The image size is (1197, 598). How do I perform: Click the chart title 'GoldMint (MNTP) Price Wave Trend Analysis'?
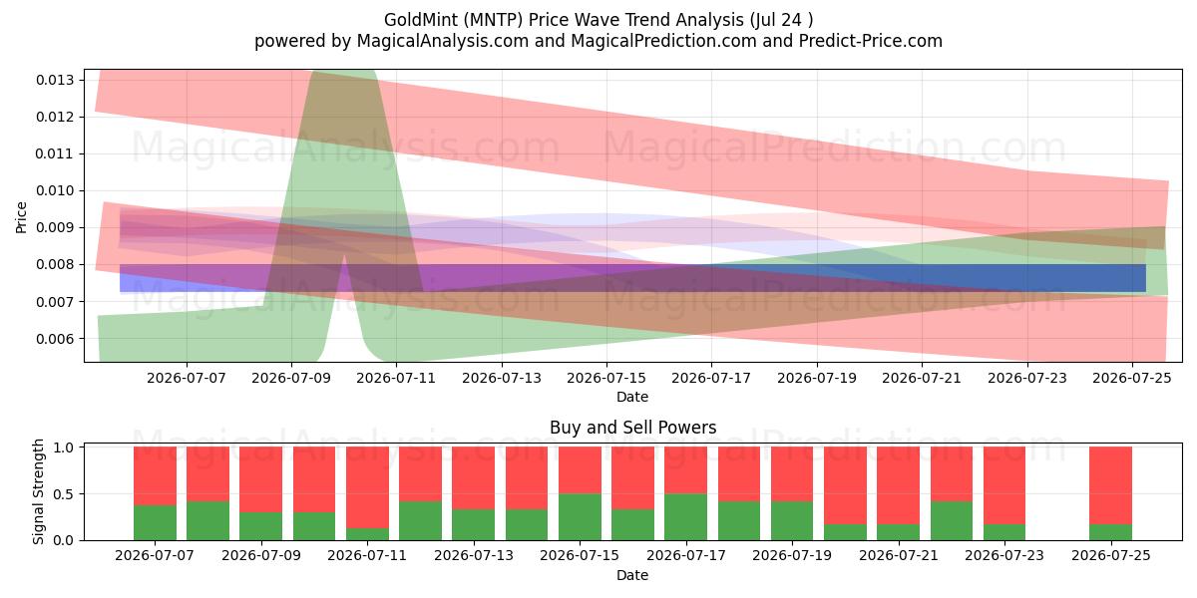pos(564,20)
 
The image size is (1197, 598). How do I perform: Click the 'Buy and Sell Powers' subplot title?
pos(632,428)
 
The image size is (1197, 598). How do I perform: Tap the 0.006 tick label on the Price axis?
pos(55,339)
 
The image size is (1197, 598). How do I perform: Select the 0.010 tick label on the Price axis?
pos(55,191)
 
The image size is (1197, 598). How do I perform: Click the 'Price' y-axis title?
pos(21,217)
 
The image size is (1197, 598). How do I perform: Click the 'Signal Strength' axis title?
pos(38,491)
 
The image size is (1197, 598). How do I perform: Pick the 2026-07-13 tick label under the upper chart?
pos(501,378)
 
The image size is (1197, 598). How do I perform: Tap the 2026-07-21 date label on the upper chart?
pos(922,378)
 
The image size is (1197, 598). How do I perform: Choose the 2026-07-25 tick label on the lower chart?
pos(1111,555)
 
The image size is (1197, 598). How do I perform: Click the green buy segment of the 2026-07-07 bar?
pos(155,522)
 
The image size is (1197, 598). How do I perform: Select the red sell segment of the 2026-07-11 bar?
pos(368,487)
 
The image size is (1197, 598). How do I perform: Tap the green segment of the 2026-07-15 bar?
pos(580,517)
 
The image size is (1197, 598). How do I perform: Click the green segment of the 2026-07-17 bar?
pos(685,517)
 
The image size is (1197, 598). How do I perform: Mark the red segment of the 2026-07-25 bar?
pos(1110,485)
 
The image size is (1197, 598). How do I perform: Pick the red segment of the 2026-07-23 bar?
pos(1004,485)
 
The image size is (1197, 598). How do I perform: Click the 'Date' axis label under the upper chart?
pos(632,398)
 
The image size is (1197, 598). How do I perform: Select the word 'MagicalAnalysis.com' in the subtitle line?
pos(443,41)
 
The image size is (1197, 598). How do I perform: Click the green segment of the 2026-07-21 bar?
pos(899,532)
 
